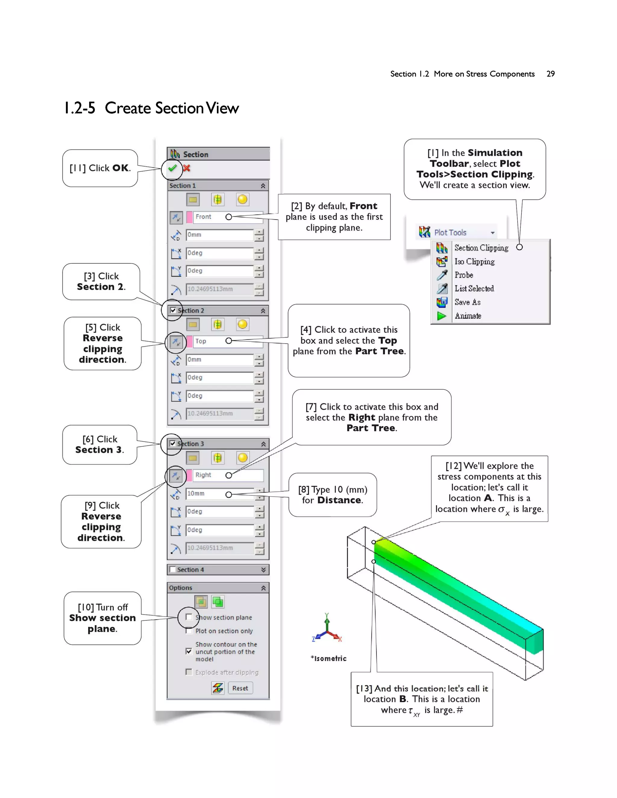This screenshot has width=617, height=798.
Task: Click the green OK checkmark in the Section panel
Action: pos(172,168)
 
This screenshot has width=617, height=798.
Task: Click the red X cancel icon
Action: pos(187,168)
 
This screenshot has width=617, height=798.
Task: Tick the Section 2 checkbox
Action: pos(173,310)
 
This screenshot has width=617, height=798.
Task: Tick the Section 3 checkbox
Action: pos(173,444)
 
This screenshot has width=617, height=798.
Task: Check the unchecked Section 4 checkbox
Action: pos(173,570)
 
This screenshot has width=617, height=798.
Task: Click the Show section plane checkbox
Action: pos(189,617)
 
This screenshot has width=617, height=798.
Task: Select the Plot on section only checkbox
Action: pos(189,631)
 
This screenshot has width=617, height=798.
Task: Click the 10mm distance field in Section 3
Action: pos(219,494)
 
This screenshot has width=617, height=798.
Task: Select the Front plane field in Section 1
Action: pos(227,217)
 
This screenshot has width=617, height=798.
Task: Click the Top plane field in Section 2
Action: pos(227,341)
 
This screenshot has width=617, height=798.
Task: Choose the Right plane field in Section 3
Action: pos(227,475)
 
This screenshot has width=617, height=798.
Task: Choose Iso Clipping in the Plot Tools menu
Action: pos(474,262)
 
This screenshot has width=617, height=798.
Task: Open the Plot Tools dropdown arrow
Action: pos(493,233)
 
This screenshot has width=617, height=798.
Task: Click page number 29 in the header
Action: pos(550,74)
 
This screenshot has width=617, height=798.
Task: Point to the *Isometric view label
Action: pos(329,658)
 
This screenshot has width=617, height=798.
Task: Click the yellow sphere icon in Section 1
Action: pos(242,199)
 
